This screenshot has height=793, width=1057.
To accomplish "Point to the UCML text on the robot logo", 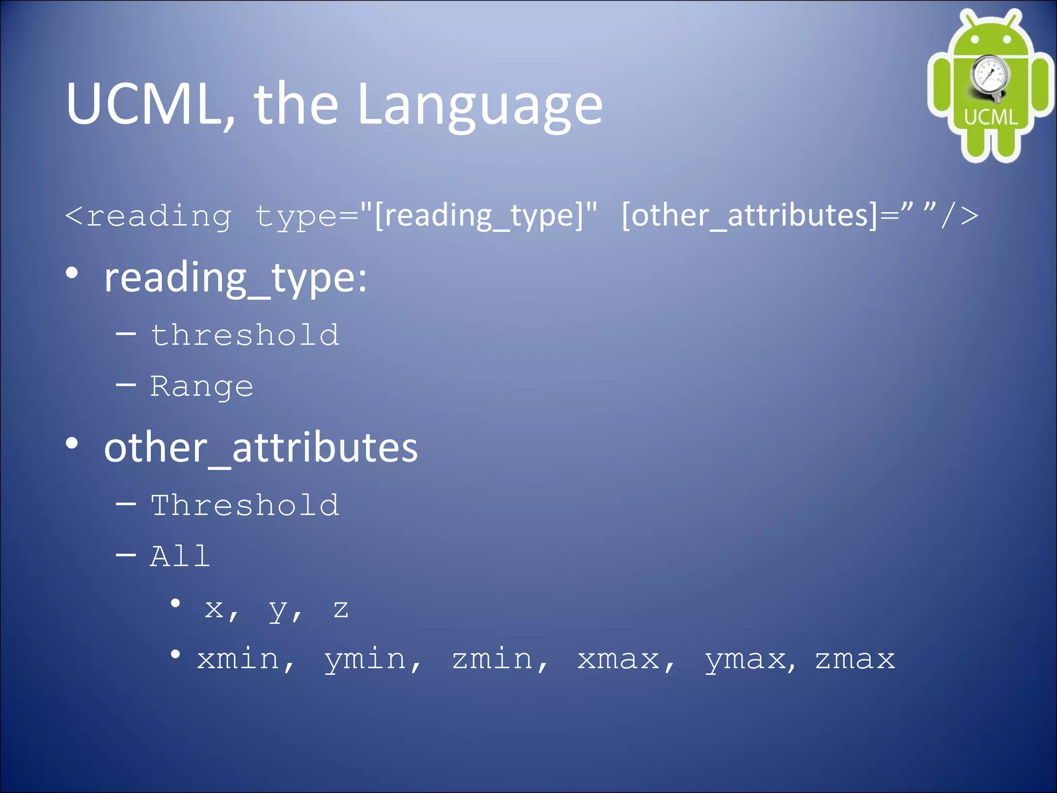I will point(990,117).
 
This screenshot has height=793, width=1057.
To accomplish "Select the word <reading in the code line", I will point(149,216).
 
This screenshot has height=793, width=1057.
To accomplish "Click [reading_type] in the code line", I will point(485,216).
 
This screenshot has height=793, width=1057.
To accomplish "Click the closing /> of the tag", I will point(960,216).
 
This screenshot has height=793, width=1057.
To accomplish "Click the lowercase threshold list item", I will point(245,335).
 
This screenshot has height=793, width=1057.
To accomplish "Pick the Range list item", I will point(201,387).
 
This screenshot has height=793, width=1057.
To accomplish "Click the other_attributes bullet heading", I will point(261,447).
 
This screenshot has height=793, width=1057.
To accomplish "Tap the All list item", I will point(180,557).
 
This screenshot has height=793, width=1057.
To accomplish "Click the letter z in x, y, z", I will point(341,609).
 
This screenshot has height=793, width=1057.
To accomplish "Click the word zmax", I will point(855,659).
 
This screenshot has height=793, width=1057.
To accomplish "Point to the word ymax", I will point(745,660).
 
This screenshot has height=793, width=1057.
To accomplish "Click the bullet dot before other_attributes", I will point(72,443).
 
